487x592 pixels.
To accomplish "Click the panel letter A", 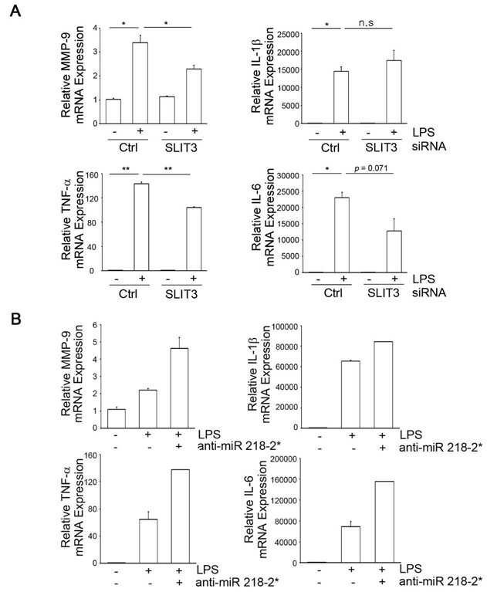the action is tap(15, 11).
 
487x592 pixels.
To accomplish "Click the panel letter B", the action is tap(15, 319).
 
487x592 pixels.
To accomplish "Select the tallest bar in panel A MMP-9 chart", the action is tap(140, 83).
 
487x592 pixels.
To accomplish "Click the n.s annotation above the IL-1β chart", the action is tap(365, 22).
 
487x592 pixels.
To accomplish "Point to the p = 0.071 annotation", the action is tap(370, 168).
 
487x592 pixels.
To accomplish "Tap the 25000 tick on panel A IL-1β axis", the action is tap(288, 35).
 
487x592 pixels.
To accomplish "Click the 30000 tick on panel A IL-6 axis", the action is tap(288, 175).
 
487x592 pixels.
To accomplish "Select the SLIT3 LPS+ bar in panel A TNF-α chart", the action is tap(194, 238).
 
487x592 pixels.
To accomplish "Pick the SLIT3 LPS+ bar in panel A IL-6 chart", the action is tap(394, 252).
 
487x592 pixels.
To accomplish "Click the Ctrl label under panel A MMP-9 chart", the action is tap(128, 147).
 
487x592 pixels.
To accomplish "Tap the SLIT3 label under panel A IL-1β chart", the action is tap(381, 147).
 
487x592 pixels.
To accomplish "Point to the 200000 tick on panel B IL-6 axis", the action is tap(285, 458).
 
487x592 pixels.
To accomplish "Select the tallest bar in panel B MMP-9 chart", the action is tap(179, 388).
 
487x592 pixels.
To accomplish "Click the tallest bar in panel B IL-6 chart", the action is tap(384, 522).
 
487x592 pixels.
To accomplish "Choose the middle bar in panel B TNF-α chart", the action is tap(148, 541).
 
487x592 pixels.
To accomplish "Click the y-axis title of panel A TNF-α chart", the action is tap(73, 220).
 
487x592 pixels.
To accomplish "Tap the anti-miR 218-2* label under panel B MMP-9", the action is tap(238, 446).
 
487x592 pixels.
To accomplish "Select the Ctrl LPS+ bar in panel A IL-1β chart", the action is tap(341, 97).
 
